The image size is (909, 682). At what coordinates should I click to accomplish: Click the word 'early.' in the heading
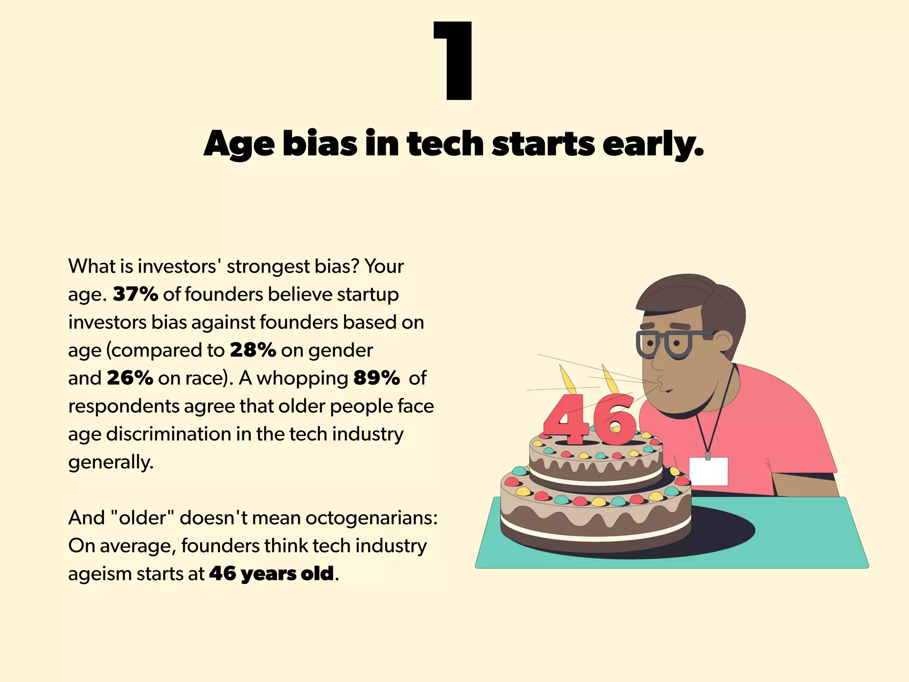coord(652,144)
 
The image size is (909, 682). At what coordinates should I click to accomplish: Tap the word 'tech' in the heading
coord(445,143)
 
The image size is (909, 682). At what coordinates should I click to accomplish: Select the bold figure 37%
coord(135,294)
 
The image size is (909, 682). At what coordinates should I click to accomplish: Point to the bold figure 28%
coord(253,350)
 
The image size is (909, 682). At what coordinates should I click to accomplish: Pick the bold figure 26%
coord(130,378)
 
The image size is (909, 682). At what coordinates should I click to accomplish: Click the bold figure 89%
coord(376,378)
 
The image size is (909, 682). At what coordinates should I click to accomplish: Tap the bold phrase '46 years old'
coord(271,574)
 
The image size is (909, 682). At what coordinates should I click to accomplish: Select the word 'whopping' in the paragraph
coord(302,378)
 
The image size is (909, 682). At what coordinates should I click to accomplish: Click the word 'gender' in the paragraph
coord(340,350)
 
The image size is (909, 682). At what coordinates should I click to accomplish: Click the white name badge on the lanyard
coord(708,471)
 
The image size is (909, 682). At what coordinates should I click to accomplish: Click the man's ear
coord(723,342)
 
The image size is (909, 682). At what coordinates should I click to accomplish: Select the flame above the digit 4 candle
coord(567,380)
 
